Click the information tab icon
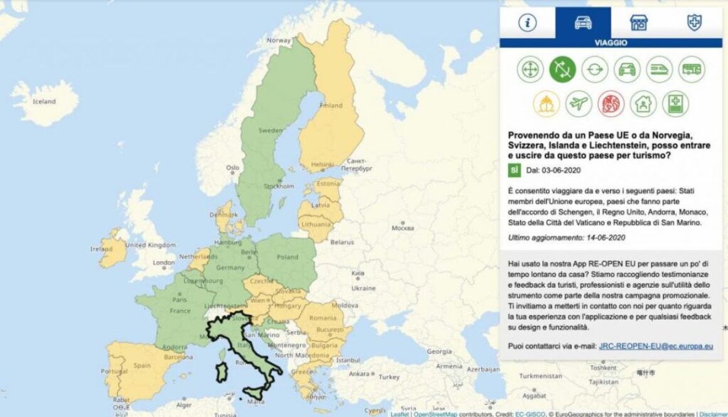click(528, 23)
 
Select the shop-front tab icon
click(639, 23)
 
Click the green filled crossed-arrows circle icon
click(562, 70)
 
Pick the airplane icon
click(579, 104)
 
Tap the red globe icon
click(611, 104)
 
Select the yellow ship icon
click(546, 104)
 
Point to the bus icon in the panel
click(692, 70)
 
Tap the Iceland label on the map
click(44, 102)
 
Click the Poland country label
click(287, 257)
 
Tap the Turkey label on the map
click(388, 377)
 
